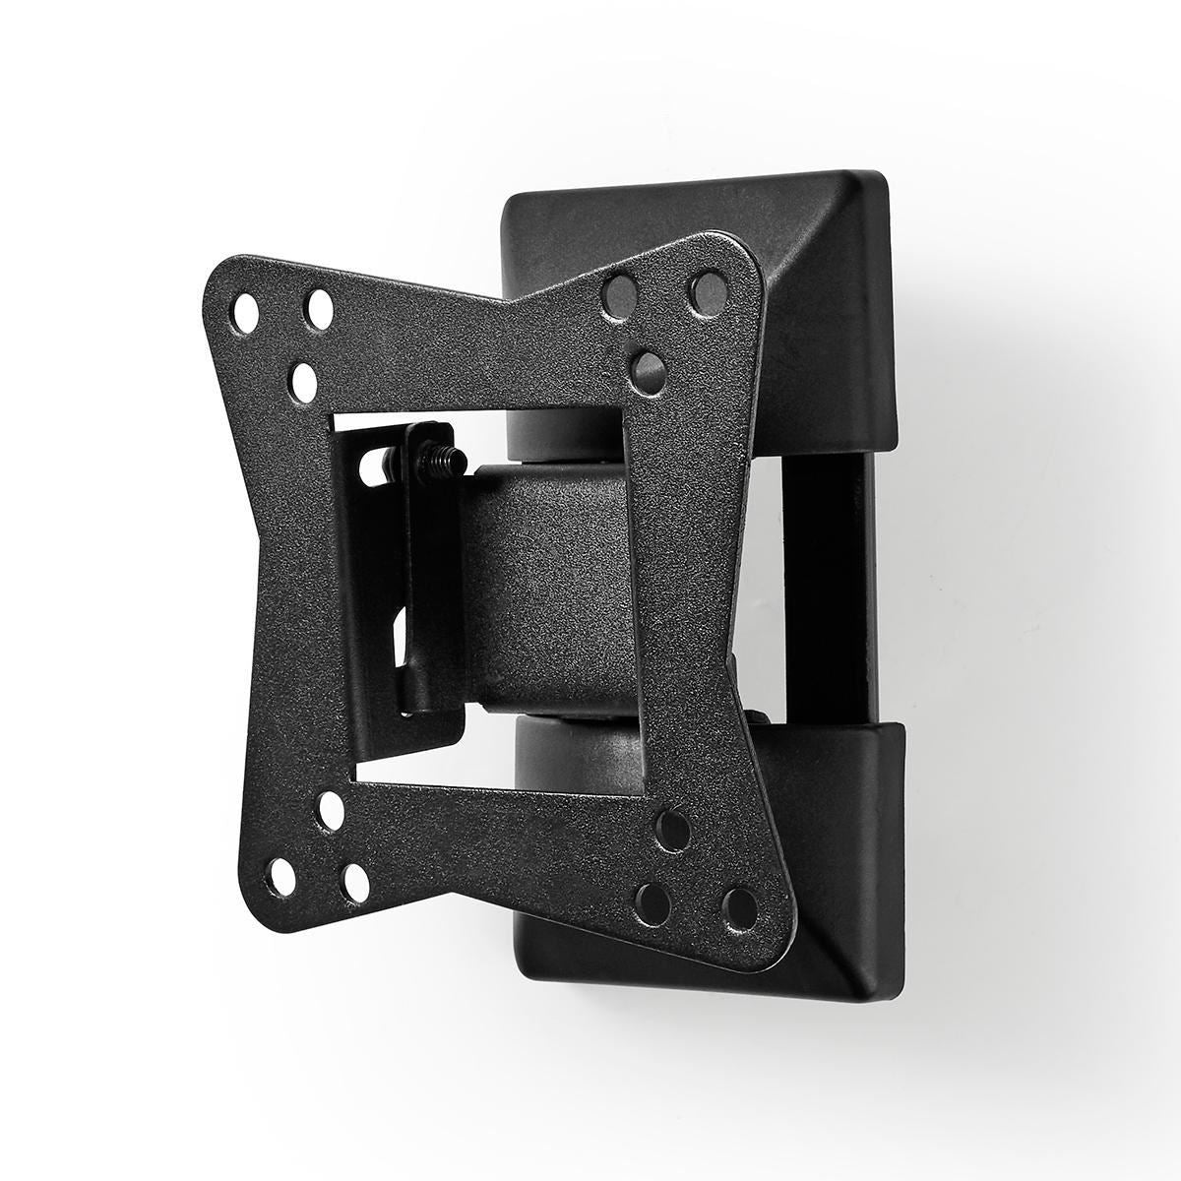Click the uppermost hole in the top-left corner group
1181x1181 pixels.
tap(319, 309)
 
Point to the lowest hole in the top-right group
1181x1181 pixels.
tap(648, 367)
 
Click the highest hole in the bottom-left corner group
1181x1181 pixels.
tap(332, 809)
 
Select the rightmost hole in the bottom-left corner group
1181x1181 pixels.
tap(355, 879)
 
